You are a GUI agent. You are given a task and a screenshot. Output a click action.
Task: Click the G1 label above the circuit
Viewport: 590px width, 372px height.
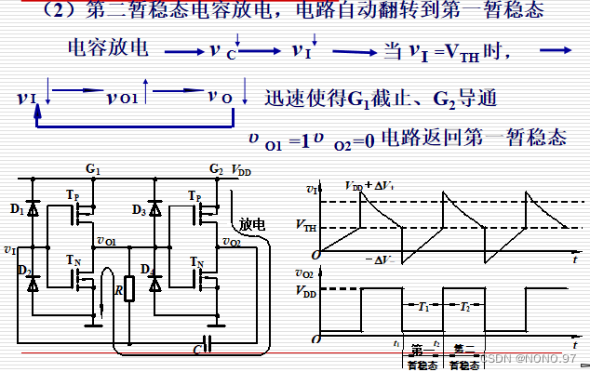click(x=92, y=169)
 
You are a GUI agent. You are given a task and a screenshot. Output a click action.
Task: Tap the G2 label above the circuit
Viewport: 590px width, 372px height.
click(x=216, y=169)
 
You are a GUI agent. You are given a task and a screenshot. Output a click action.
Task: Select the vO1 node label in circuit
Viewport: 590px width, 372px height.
click(x=104, y=243)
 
